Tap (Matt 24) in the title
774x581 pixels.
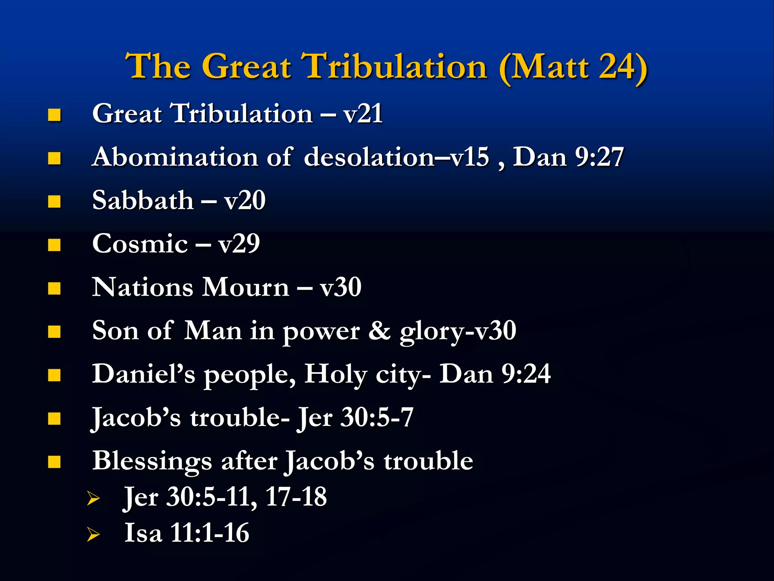click(573, 67)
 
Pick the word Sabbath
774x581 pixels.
click(143, 200)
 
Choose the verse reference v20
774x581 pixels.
click(245, 200)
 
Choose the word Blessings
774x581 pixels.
click(152, 461)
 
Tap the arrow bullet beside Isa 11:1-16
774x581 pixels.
click(93, 534)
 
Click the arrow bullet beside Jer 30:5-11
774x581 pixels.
click(93, 498)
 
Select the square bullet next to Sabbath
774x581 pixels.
click(54, 202)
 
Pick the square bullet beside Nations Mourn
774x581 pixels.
click(54, 288)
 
